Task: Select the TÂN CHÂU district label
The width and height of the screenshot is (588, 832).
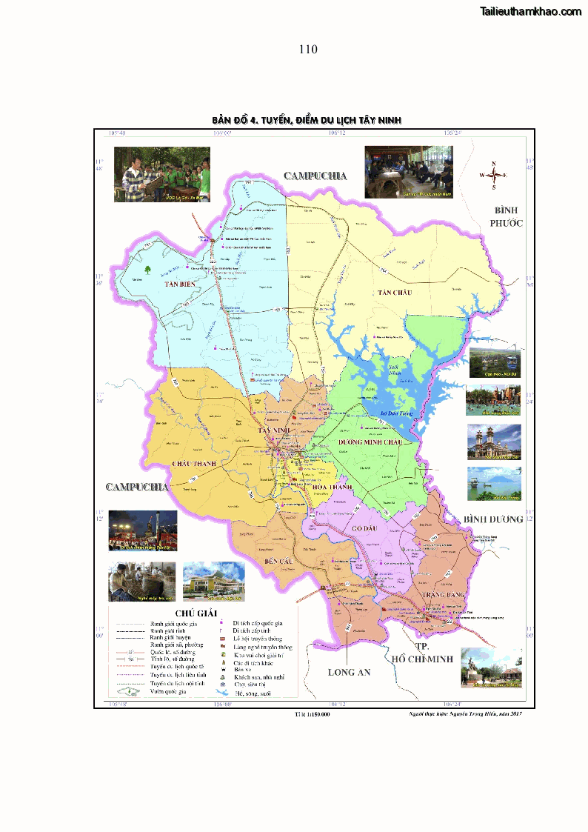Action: (393, 293)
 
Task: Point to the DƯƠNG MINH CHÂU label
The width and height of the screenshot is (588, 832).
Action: (370, 442)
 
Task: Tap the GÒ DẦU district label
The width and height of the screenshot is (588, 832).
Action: (365, 528)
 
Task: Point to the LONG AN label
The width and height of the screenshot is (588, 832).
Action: (349, 672)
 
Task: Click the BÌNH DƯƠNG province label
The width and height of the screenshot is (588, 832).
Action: (493, 519)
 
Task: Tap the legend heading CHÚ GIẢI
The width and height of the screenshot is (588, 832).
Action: (196, 613)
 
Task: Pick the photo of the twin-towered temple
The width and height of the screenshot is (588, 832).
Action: (494, 442)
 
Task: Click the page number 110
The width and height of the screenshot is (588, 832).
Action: (308, 50)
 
